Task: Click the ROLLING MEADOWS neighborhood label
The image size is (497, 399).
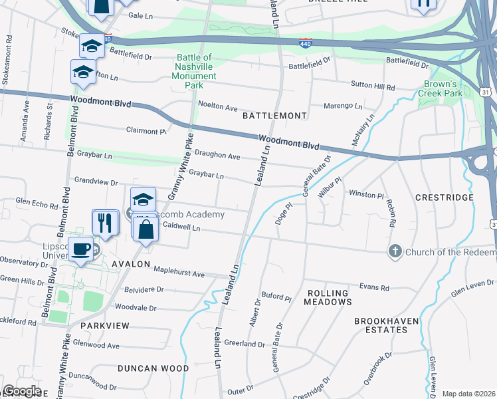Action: point(328,297)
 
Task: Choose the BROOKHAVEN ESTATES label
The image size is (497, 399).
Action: point(386,325)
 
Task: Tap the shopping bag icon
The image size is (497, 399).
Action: point(146,229)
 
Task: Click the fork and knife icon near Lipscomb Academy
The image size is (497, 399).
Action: point(105,222)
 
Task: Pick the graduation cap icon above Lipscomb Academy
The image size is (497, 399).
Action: point(142,199)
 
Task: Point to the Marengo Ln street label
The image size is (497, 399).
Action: point(343,106)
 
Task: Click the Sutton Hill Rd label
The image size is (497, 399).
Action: point(373,88)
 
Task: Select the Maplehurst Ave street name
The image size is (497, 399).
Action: point(179,273)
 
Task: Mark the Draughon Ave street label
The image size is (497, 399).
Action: point(216,155)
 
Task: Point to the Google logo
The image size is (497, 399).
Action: point(22,391)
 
